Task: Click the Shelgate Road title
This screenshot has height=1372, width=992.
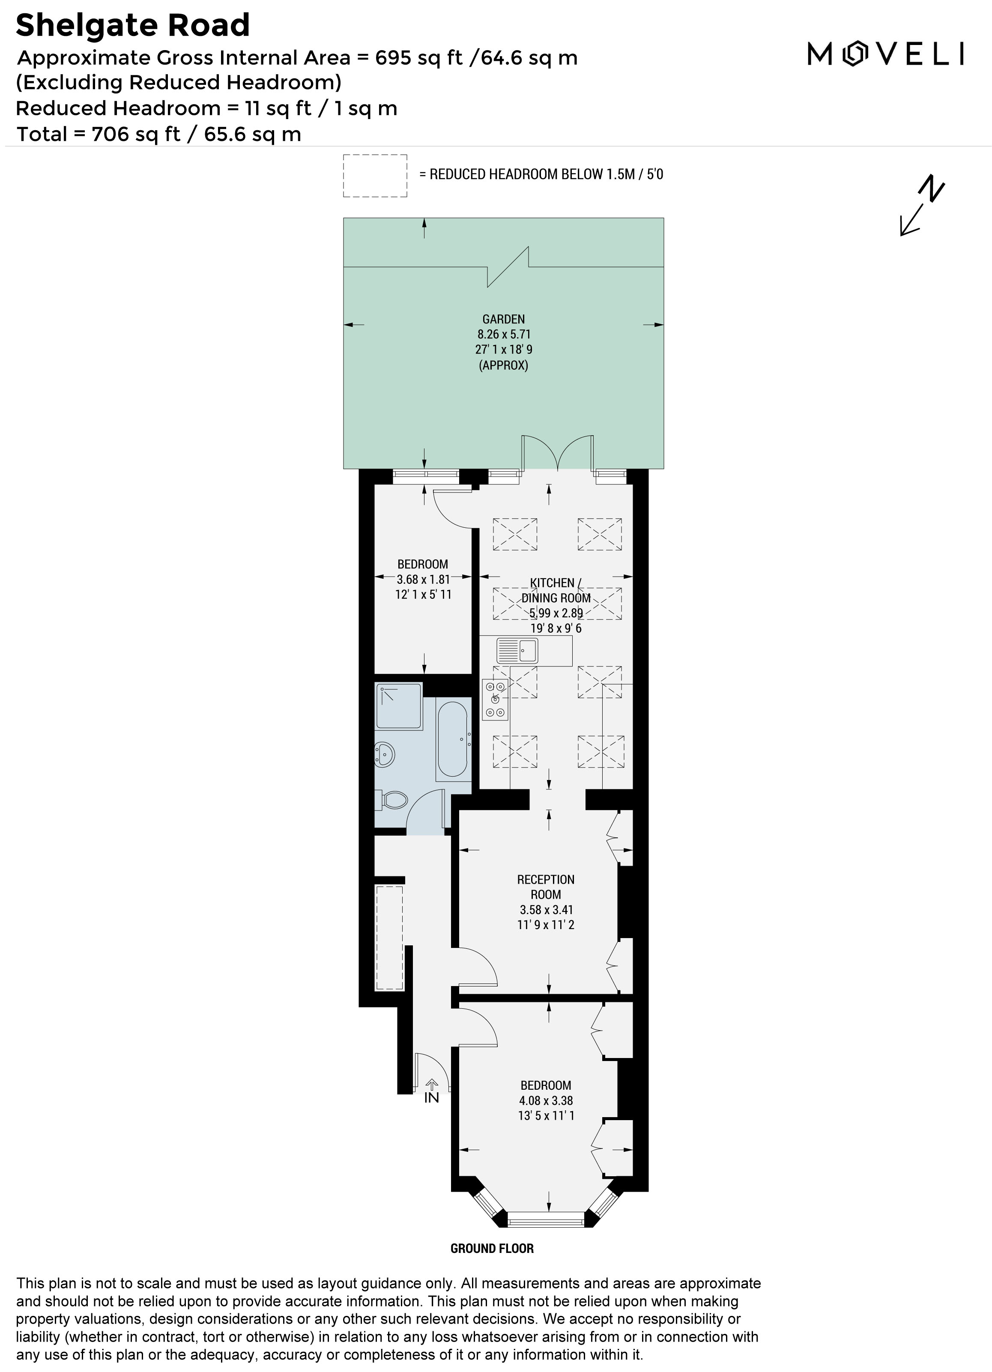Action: point(132,25)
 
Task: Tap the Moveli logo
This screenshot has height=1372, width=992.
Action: point(885,54)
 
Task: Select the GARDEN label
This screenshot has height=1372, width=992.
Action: point(503,319)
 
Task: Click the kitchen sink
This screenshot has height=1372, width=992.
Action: point(517,650)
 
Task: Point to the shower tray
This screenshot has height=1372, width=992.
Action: point(399,706)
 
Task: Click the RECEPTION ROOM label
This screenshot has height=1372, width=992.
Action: point(546,887)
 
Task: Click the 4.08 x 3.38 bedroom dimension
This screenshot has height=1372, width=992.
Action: point(546,1100)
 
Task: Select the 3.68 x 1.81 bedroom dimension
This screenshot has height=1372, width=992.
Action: point(423,579)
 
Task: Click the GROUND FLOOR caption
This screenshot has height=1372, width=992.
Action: point(492,1248)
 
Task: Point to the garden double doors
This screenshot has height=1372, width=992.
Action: point(558,452)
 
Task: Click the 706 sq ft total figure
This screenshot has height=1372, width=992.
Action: point(136,134)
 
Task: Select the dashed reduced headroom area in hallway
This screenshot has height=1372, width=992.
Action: point(389,938)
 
